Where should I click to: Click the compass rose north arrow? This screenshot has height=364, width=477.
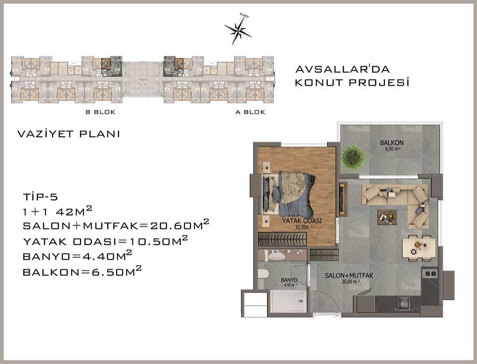click(238, 30)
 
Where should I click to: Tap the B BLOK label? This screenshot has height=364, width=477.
click(101, 112)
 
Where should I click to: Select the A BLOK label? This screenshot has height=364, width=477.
click(250, 112)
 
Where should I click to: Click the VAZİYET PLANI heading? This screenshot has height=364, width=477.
click(68, 134)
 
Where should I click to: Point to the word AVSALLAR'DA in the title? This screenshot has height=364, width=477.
click(342, 69)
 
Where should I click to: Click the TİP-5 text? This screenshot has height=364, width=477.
click(40, 197)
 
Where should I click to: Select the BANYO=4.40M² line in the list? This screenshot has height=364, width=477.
click(77, 256)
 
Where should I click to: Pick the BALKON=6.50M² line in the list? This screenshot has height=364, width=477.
click(82, 271)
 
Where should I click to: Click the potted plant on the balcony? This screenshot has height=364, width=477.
click(354, 157)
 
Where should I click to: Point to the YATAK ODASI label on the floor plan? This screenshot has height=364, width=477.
click(302, 221)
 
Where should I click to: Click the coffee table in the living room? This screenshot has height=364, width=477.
click(387, 217)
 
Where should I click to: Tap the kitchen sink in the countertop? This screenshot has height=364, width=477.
click(405, 303)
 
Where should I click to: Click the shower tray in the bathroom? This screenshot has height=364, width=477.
click(288, 301)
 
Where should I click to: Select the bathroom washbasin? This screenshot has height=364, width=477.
click(277, 256)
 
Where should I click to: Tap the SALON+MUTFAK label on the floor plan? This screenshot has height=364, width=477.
click(349, 276)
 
